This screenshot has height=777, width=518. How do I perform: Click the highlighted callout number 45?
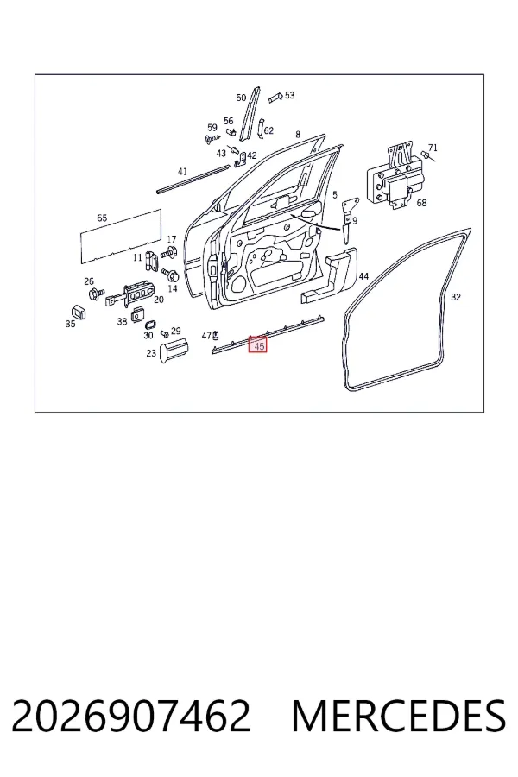[258, 346]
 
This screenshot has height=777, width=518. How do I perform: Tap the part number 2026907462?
[131, 716]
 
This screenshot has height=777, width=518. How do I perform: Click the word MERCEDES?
[399, 716]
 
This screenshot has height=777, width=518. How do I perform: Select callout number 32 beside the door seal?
[456, 297]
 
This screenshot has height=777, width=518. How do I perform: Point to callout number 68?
[421, 203]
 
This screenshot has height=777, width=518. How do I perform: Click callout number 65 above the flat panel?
[102, 218]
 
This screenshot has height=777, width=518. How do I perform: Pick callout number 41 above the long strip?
[182, 172]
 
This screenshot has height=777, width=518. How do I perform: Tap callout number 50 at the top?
[241, 98]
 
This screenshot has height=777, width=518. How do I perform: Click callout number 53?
[289, 95]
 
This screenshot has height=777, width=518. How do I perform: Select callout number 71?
[433, 148]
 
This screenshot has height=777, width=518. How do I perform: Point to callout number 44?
[363, 276]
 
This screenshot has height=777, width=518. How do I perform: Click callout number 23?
[151, 353]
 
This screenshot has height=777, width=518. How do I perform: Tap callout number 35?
[71, 324]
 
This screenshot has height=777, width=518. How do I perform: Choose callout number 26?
[89, 281]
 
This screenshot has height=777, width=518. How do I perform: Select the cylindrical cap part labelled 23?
[174, 350]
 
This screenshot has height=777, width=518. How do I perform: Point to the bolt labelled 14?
[171, 273]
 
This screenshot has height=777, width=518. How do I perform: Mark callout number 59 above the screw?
[212, 128]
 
